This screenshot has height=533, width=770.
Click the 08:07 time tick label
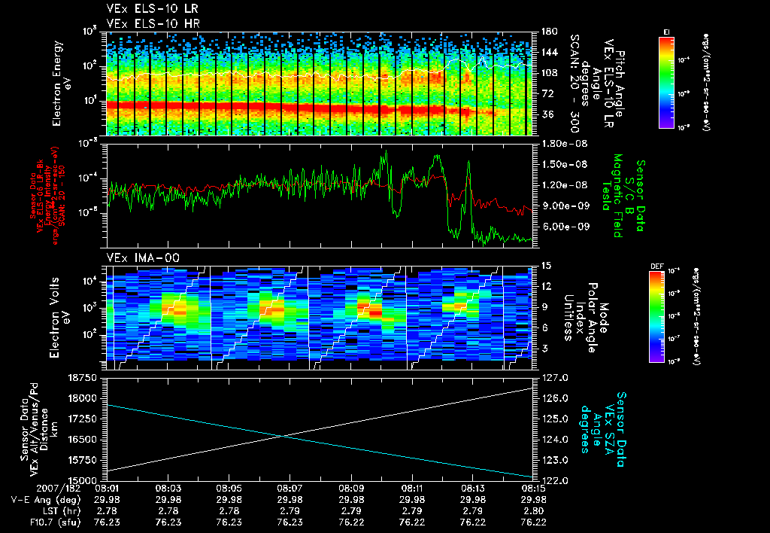290,488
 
